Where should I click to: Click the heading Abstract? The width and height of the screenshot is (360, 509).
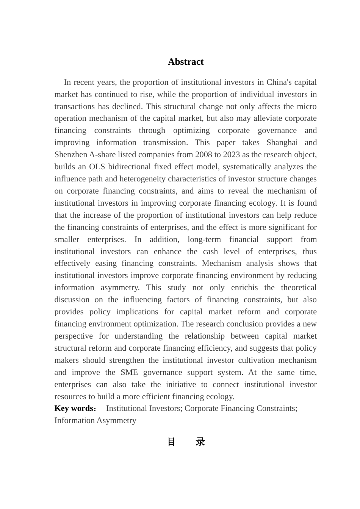(x=185, y=62)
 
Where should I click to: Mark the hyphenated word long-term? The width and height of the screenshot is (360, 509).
(x=205, y=239)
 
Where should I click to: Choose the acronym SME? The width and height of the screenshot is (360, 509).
(x=129, y=372)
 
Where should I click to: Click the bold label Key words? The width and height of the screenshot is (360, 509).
(x=74, y=408)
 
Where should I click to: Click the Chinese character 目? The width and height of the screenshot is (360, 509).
(x=171, y=442)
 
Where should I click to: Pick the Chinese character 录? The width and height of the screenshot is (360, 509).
(x=200, y=442)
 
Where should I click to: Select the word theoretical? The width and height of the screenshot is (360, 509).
(x=299, y=287)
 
